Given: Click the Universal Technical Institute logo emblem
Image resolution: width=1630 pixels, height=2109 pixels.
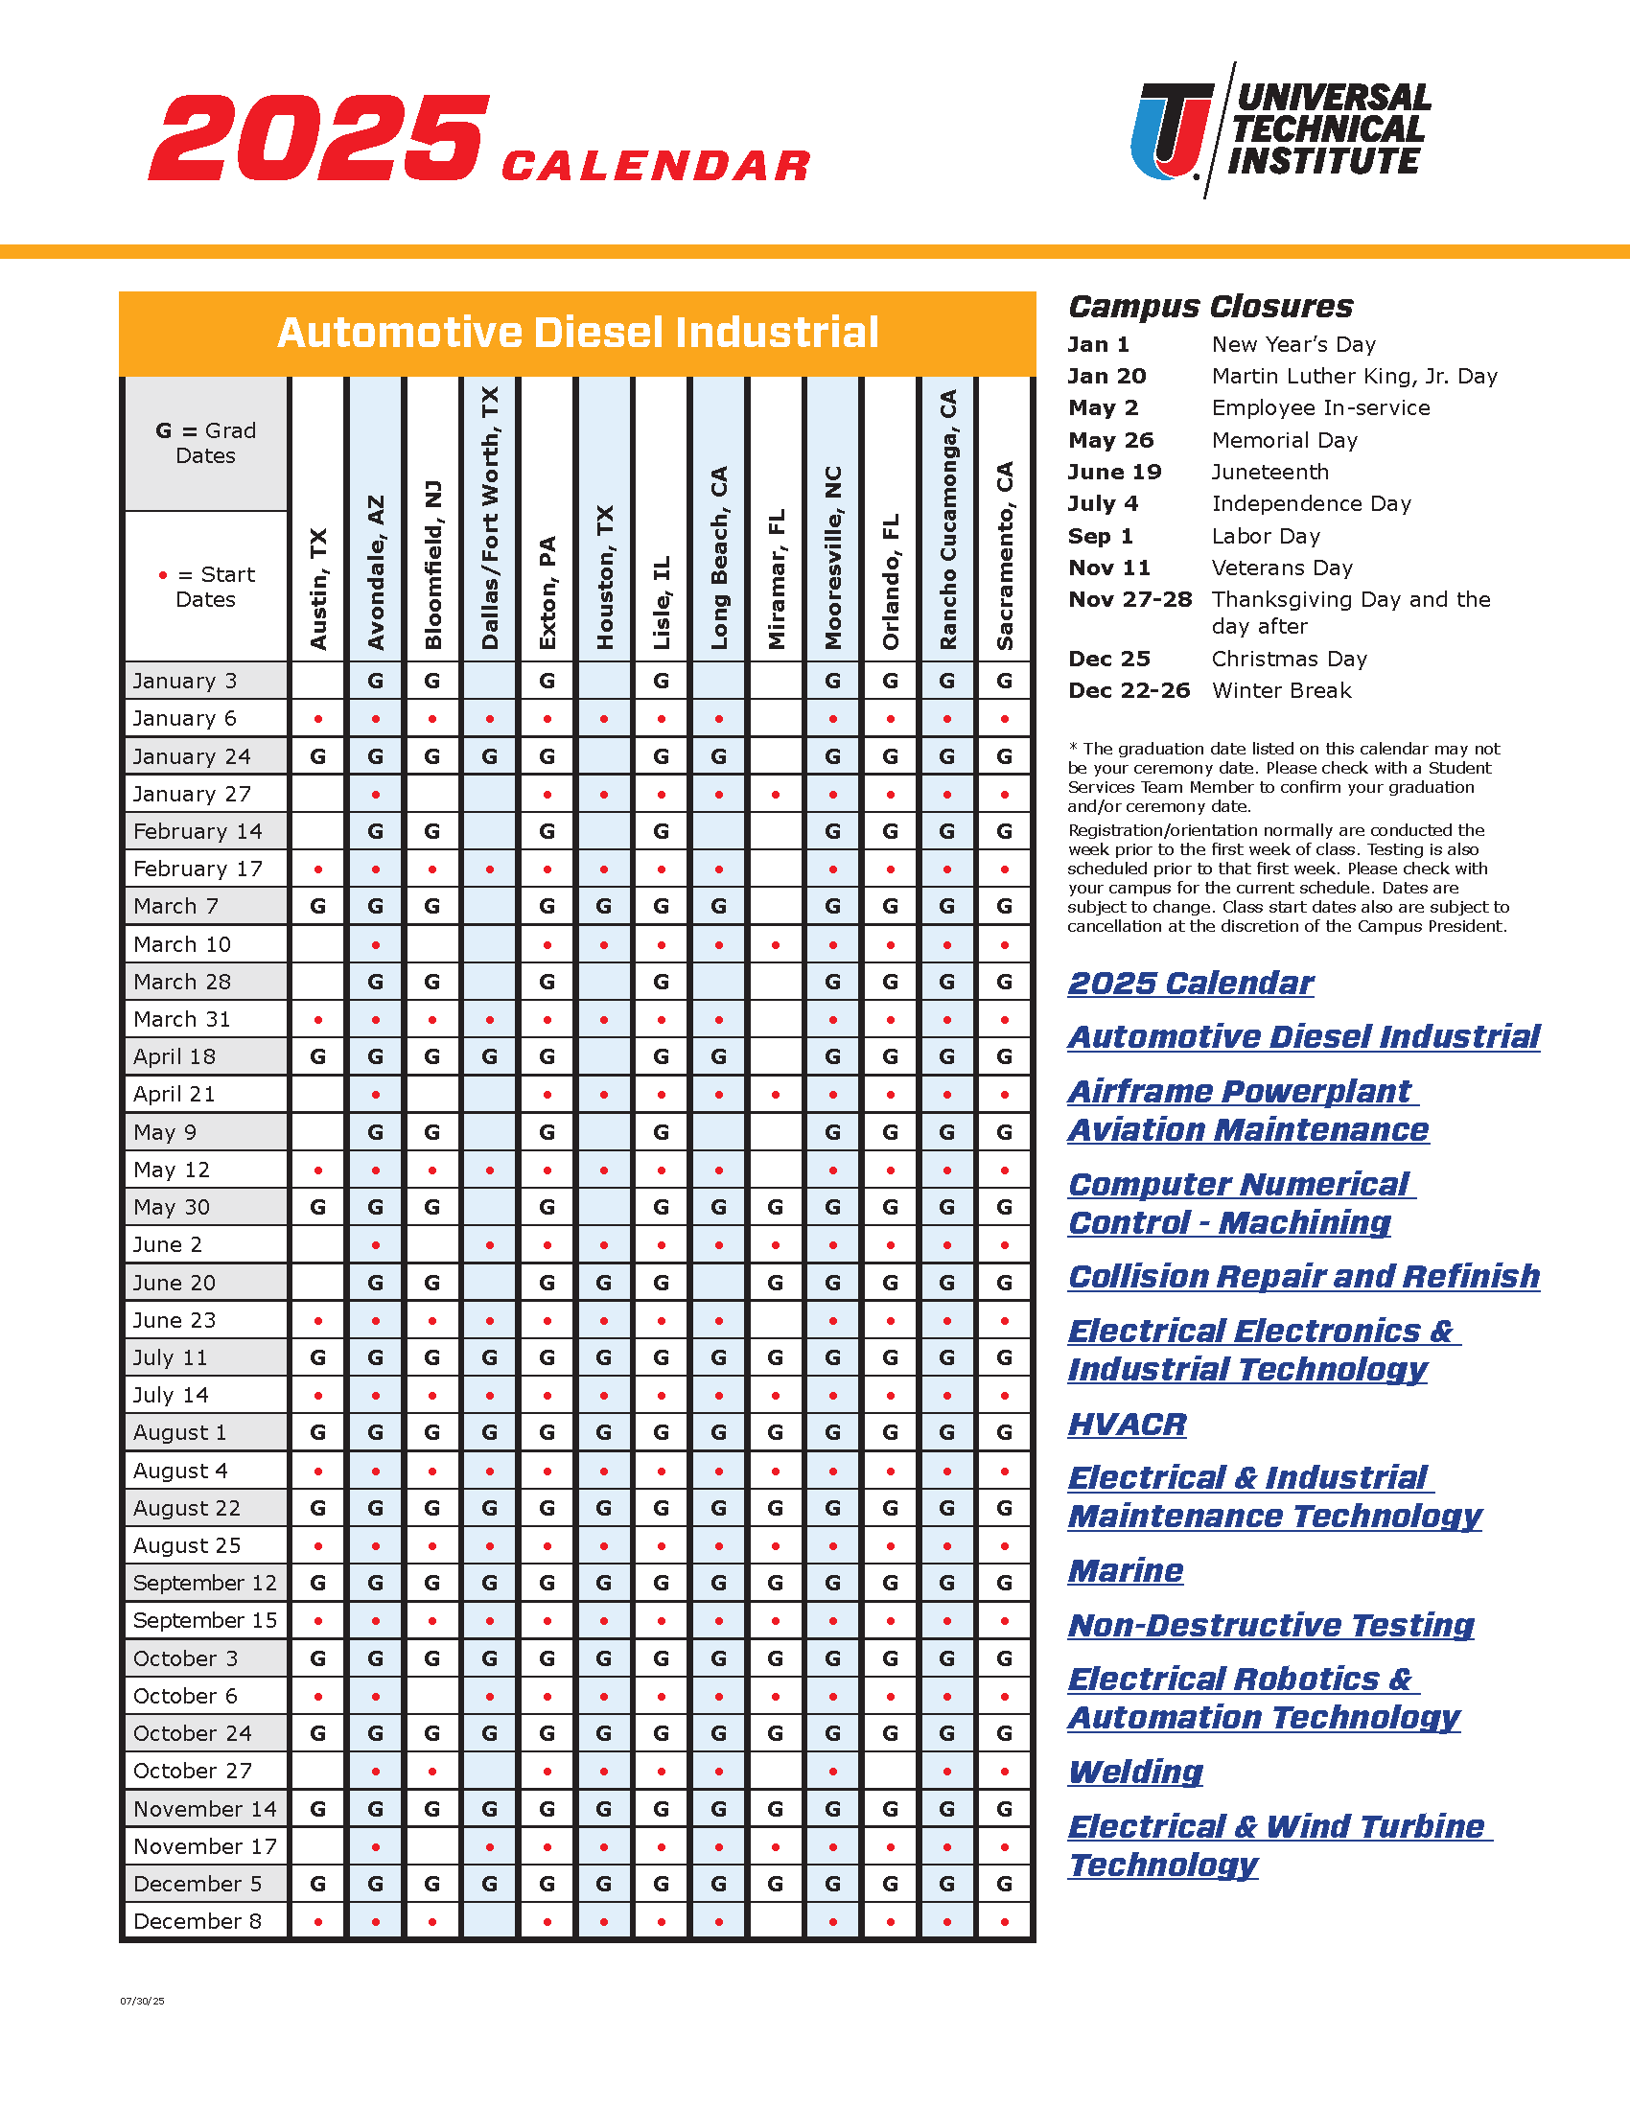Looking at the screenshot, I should (x=1172, y=130).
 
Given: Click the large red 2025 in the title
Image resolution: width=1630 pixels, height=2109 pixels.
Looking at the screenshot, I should (x=318, y=137).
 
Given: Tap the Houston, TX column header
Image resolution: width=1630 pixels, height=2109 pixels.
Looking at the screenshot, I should (x=604, y=576).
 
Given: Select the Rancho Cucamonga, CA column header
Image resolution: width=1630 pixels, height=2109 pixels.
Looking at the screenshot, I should (x=948, y=519).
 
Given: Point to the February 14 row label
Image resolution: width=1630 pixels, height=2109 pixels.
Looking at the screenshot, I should (x=198, y=831).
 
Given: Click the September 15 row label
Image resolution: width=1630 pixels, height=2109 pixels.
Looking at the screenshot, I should (x=205, y=1620).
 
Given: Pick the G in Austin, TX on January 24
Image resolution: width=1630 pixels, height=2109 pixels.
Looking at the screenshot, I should (x=317, y=756).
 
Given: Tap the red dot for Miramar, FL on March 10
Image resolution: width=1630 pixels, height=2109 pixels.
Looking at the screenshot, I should (x=777, y=944).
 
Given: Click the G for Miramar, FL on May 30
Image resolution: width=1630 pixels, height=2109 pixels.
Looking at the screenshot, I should (x=776, y=1207).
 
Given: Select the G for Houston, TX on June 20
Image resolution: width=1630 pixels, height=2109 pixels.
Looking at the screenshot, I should (x=604, y=1283).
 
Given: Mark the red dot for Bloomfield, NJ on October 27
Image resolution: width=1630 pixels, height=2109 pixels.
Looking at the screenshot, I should (x=432, y=1771).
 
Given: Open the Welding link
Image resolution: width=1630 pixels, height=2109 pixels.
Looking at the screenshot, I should (x=1135, y=1772).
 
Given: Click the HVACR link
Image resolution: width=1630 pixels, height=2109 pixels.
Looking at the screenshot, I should (x=1127, y=1425).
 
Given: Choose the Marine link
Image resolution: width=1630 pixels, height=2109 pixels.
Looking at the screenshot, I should (x=1125, y=1571).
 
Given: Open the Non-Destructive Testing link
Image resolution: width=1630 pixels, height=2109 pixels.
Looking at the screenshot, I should (x=1270, y=1625).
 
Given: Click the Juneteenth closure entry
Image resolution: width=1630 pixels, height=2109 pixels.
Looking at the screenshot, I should (x=1269, y=473).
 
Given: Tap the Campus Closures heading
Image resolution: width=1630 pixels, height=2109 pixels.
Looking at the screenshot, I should (x=1210, y=307).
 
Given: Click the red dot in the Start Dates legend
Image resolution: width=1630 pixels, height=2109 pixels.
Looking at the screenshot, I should (x=163, y=575).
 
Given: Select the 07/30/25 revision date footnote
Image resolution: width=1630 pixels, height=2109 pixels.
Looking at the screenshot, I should (x=142, y=2002).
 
